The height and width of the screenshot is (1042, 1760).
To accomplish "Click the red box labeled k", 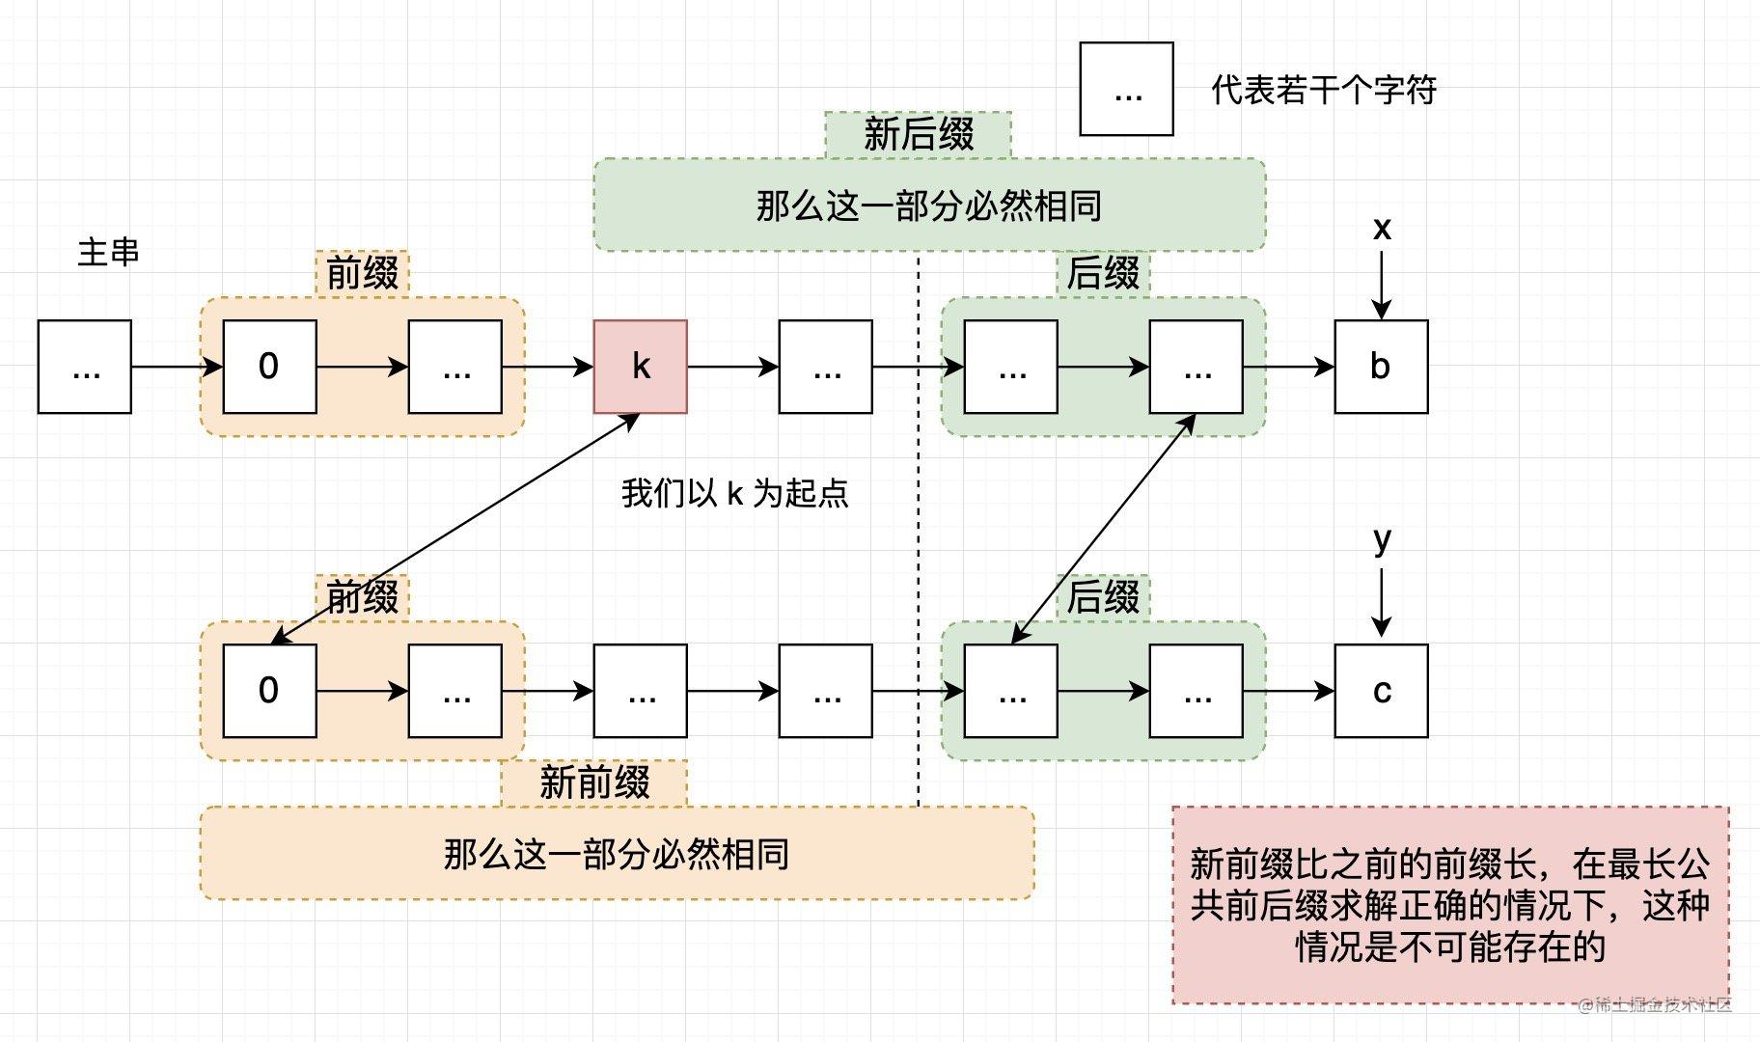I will [x=640, y=367].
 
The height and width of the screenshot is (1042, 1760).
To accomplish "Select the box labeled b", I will [x=1381, y=367].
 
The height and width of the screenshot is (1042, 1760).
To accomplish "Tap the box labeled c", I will [x=1381, y=691].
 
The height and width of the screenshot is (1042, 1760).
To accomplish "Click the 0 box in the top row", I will [x=269, y=367].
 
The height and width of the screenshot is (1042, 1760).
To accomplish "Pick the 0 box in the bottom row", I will [x=269, y=691].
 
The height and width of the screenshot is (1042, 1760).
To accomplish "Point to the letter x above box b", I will [x=1382, y=229].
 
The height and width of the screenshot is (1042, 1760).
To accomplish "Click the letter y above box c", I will [x=1382, y=540].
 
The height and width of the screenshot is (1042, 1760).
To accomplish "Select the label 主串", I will [x=108, y=252].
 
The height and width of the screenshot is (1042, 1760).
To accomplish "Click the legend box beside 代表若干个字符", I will [x=1126, y=89].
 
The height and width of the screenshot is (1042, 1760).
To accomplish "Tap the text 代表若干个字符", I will [x=1324, y=90].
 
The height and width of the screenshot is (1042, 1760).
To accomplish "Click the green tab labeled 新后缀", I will [x=918, y=134].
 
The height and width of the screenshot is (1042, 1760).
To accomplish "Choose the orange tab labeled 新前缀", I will [x=594, y=782].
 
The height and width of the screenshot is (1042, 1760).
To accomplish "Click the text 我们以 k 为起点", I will [x=734, y=493].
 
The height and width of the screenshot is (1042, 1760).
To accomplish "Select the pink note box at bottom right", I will [x=1449, y=904].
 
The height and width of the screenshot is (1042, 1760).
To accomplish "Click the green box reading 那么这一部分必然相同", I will [x=928, y=206].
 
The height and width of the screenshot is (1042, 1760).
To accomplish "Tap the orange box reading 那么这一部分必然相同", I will [x=617, y=854].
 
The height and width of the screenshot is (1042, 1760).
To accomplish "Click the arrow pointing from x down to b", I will [x=1382, y=285].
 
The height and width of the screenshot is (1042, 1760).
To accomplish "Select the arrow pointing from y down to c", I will [x=1382, y=602].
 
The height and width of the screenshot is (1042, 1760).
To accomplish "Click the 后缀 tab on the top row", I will [x=1103, y=273].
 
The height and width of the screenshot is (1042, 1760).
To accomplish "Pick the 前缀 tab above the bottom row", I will [x=362, y=597].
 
